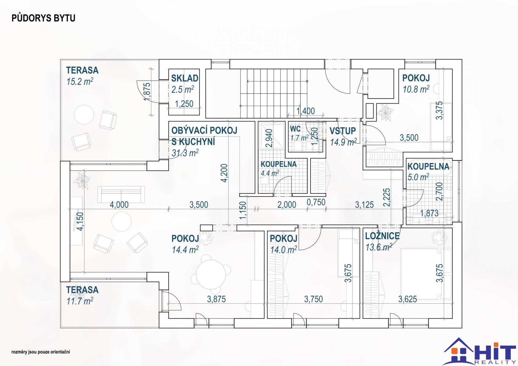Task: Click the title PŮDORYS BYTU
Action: coord(43,18)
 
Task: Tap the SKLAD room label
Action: coord(184,78)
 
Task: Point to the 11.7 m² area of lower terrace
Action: coord(80,301)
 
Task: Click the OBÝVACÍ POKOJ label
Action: coord(204,131)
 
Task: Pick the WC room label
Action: coord(295,128)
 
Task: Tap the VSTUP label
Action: coord(343,131)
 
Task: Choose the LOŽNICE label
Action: coord(382,236)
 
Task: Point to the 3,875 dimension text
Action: coord(216,299)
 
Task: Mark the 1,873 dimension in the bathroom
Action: coord(429,213)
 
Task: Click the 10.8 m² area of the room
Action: coord(416,89)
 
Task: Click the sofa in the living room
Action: coord(121,194)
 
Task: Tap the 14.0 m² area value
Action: coord(283,250)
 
